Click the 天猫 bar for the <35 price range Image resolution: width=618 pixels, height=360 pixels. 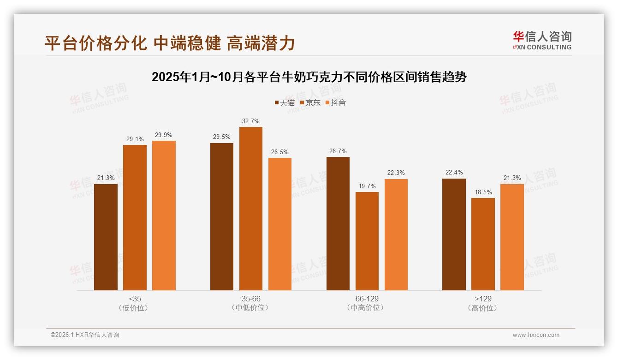pos(106,237)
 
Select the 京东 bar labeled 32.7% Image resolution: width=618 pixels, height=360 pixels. pos(250,209)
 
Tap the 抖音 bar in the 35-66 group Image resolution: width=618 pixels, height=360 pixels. pos(280,224)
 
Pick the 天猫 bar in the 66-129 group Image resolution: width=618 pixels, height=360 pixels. pos(338,223)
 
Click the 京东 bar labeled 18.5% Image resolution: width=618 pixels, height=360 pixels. pos(483,244)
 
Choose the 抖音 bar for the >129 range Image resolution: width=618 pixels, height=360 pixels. pos(512,237)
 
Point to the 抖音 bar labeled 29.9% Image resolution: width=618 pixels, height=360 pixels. pos(164,216)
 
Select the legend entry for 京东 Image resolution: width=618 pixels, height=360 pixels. pos(310,103)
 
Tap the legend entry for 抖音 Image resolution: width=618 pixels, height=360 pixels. pos(335,103)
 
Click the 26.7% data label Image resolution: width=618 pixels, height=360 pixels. pos(338,151)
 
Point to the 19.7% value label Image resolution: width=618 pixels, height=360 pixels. pos(367,186)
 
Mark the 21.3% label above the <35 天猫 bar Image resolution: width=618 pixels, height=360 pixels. pos(106,178)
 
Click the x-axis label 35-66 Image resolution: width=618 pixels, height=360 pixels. pos(251,299)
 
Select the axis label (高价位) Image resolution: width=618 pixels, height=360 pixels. pos(483,308)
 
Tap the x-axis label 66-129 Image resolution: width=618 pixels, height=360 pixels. pos(367,299)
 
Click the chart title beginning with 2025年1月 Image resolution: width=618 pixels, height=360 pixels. pos(309,77)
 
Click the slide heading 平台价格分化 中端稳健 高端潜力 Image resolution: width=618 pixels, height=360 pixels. pos(169,43)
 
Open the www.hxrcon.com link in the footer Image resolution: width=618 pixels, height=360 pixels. pos(535,335)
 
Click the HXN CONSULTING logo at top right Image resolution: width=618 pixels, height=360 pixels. pos(542,41)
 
